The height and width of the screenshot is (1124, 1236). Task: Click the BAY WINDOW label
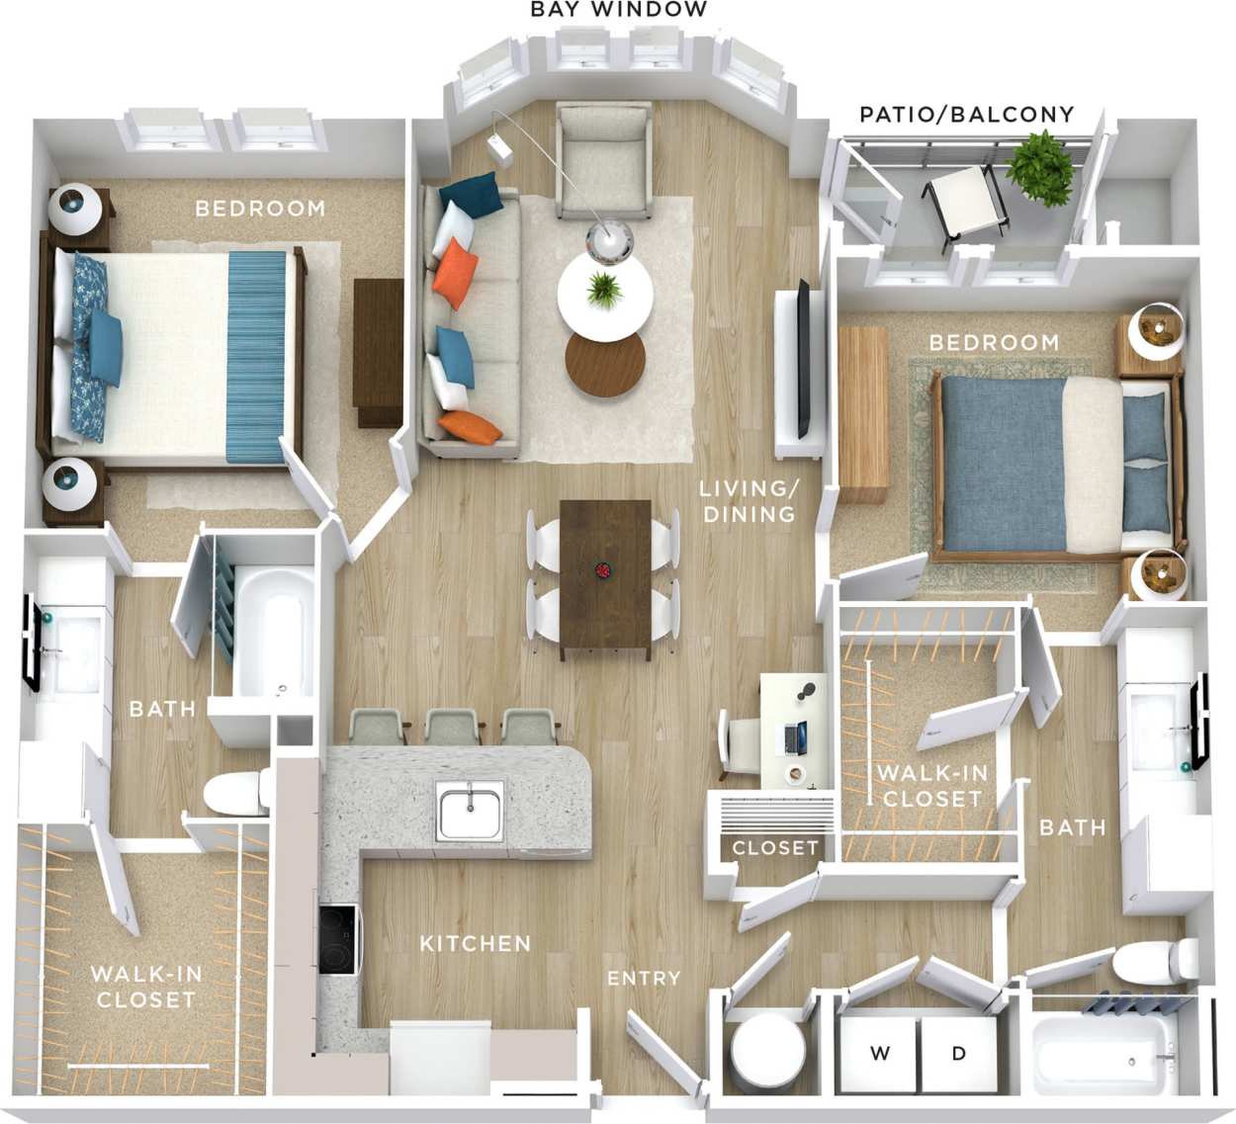(619, 10)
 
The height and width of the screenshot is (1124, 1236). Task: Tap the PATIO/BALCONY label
(966, 115)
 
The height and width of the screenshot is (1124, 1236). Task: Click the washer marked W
(879, 1054)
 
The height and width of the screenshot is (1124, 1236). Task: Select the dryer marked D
(958, 1054)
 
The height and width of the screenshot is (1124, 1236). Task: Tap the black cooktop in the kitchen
(337, 938)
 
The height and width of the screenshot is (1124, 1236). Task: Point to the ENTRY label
(644, 979)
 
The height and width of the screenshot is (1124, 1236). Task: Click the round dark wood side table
(604, 363)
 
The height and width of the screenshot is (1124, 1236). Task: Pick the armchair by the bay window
(602, 159)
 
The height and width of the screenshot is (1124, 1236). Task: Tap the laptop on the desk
(794, 735)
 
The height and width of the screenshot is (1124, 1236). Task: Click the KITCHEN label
(475, 944)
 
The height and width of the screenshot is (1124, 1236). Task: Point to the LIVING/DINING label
(748, 501)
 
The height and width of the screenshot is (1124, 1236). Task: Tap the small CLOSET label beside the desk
(775, 848)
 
